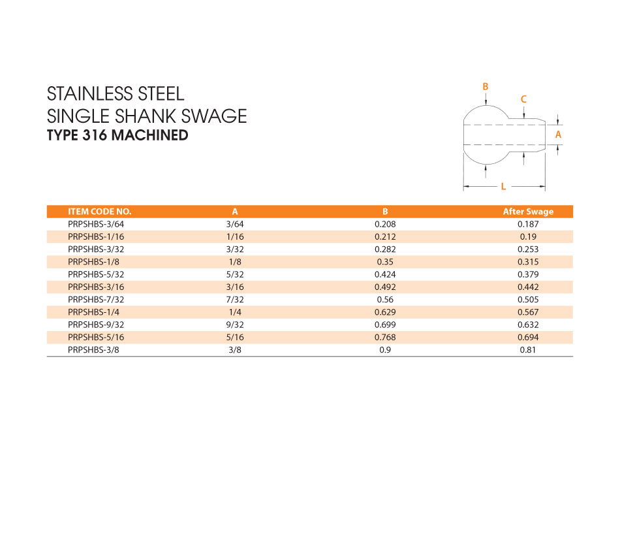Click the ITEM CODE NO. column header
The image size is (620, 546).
tap(100, 212)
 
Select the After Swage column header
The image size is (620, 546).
tap(527, 212)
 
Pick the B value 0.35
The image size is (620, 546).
tap(385, 262)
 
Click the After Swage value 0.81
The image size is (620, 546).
tap(527, 350)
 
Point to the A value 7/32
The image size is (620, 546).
tap(235, 300)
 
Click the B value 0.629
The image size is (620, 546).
tap(385, 312)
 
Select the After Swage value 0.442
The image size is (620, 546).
tap(527, 287)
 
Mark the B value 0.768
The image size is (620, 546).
tap(385, 338)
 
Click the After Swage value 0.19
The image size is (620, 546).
tap(527, 236)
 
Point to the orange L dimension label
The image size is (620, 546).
tap(503, 187)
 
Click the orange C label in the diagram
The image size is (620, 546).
tap(523, 99)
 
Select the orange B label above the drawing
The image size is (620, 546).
tap(485, 86)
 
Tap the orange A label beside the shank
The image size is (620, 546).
tap(557, 134)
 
